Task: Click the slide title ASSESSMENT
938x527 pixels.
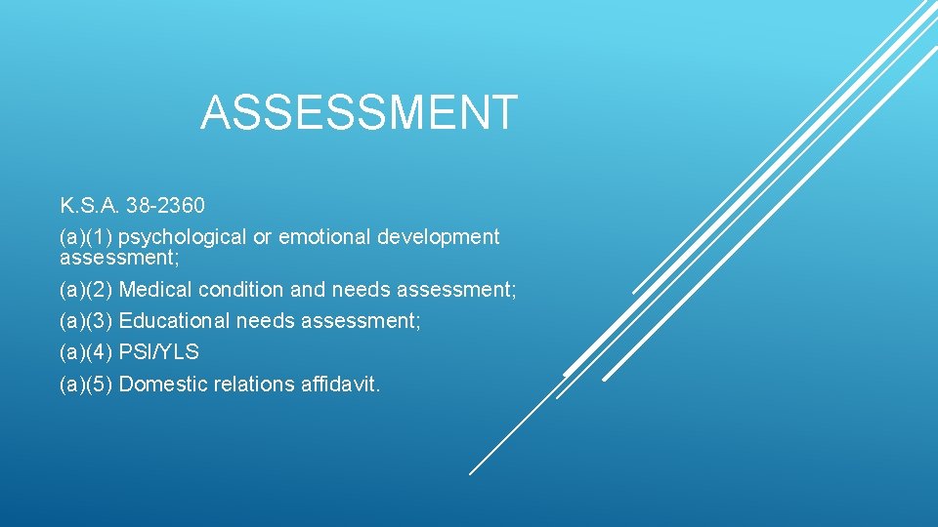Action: (359, 112)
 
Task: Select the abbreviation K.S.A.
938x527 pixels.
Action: (88, 206)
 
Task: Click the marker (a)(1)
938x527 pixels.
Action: (86, 237)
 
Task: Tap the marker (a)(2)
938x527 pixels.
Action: (86, 290)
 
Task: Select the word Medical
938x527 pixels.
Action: (154, 290)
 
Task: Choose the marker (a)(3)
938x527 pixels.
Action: (86, 321)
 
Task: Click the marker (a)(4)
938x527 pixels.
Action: (86, 352)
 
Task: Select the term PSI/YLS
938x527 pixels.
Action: (158, 352)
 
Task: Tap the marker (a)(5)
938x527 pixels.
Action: (86, 385)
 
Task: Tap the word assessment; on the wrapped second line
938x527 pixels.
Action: (119, 259)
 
